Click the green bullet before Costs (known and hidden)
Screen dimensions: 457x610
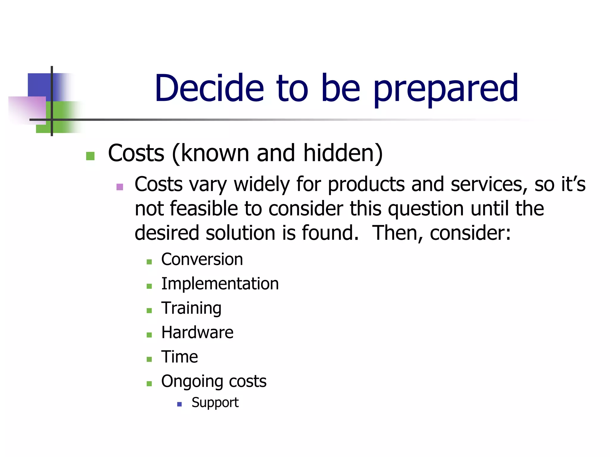click(90, 156)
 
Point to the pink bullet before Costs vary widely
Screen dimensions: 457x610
click(120, 187)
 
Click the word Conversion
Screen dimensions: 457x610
click(202, 259)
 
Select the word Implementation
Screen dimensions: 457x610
click(220, 284)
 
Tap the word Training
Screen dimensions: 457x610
click(191, 308)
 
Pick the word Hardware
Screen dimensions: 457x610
click(197, 333)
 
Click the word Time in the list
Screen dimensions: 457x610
click(179, 357)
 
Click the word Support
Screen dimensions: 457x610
click(215, 403)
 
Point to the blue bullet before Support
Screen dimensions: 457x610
click(179, 404)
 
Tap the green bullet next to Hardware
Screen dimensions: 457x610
click(149, 335)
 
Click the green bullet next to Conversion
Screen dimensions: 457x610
click(149, 262)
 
